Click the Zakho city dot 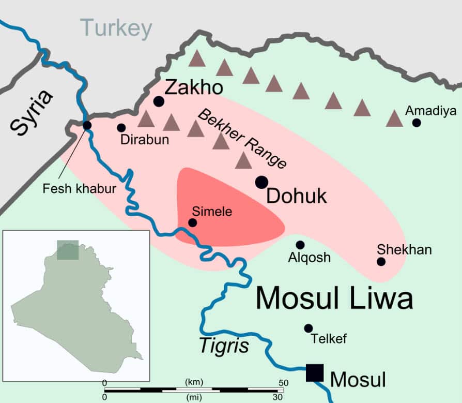(x=159, y=101)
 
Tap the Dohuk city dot (x=261, y=182)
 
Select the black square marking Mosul (x=314, y=372)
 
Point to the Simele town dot (x=192, y=222)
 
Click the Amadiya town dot (x=417, y=123)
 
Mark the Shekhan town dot (x=381, y=262)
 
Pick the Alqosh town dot (x=300, y=245)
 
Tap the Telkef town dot (x=309, y=328)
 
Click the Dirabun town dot (x=121, y=127)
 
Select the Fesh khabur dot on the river (x=87, y=125)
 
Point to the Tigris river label (x=224, y=346)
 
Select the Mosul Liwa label (x=334, y=298)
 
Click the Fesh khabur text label (x=79, y=189)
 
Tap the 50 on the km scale (x=283, y=382)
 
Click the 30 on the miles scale (x=278, y=397)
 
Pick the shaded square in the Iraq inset (x=68, y=250)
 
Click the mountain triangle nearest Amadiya (x=395, y=118)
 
